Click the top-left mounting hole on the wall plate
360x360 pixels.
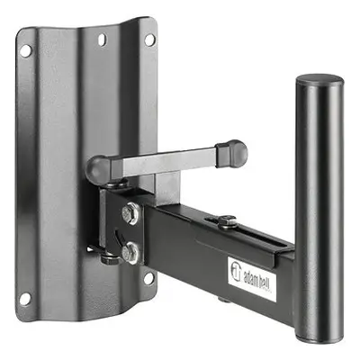(x=25, y=50)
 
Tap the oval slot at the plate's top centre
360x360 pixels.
(x=102, y=40)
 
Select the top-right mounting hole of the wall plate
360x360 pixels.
(x=149, y=40)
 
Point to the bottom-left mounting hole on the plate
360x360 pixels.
(x=24, y=299)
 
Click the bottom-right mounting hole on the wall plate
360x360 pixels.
(x=149, y=278)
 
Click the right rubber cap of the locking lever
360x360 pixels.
(x=232, y=152)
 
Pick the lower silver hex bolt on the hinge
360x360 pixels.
(x=130, y=253)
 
